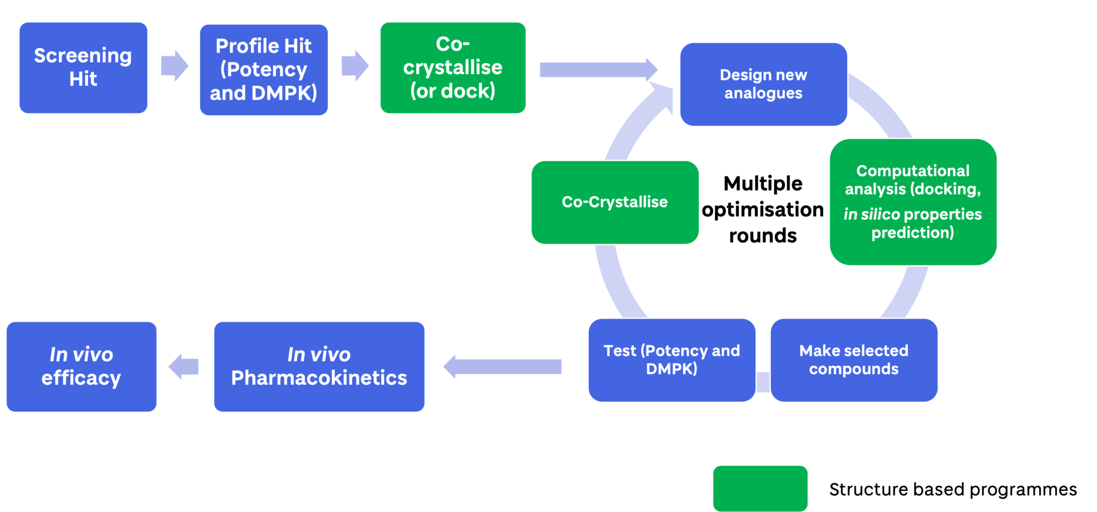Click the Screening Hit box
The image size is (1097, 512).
[x=83, y=68]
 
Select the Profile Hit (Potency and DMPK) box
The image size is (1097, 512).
[x=264, y=70]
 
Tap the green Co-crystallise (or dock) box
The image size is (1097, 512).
[x=453, y=68]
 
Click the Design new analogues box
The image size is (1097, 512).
[x=763, y=84]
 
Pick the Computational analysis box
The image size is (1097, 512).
[x=912, y=202]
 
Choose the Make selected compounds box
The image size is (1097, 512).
[x=853, y=360]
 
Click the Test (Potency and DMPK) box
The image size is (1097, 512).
[x=671, y=360]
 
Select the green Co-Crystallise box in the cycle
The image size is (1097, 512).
[x=614, y=202]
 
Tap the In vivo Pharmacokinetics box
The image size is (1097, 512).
[x=319, y=366]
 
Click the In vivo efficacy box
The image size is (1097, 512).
[x=81, y=366]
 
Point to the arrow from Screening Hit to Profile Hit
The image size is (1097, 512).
[x=174, y=66]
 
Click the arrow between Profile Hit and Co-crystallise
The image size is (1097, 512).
[x=355, y=66]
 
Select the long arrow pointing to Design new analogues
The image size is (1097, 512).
[x=597, y=70]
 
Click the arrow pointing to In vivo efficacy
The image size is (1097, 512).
[x=184, y=367]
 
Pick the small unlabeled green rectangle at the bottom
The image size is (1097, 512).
[x=760, y=488]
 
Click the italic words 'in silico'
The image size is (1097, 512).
[x=871, y=214]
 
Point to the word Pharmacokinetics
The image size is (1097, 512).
[x=319, y=378]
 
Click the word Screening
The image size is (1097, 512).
[x=83, y=56]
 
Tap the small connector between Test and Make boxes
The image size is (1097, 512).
[x=763, y=382]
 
